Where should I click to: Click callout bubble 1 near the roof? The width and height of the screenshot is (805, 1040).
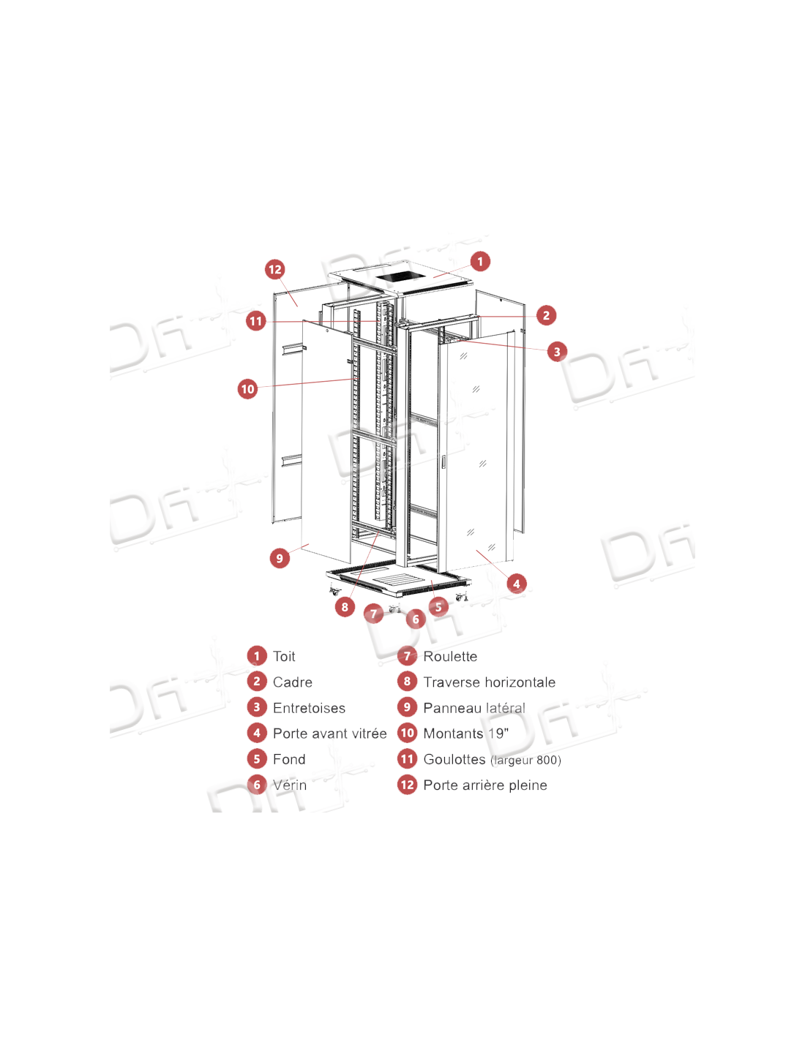[x=480, y=261]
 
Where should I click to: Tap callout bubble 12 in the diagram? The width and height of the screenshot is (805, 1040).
[x=275, y=269]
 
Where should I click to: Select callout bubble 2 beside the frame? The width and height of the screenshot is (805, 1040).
[x=546, y=315]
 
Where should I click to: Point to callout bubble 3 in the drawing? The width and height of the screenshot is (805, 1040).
[x=556, y=352]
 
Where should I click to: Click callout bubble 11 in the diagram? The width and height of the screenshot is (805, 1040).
[x=256, y=320]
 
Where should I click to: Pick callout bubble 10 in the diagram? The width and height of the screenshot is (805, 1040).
[x=247, y=388]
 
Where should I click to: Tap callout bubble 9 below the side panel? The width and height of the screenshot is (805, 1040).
[x=280, y=558]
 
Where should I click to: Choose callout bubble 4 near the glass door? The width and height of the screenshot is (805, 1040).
[x=516, y=584]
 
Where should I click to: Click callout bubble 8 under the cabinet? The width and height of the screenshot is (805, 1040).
[x=345, y=607]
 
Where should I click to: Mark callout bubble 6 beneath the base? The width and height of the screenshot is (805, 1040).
[x=416, y=619]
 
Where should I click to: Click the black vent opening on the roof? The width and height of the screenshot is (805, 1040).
[x=397, y=276]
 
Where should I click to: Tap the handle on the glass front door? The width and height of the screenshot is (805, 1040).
[x=443, y=461]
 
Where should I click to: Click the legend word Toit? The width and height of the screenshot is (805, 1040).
[x=284, y=656]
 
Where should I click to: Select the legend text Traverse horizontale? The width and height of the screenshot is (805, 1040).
[x=490, y=682]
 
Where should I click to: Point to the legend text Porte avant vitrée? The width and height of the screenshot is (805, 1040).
[x=329, y=734]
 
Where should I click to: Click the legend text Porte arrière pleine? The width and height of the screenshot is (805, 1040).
[x=485, y=785]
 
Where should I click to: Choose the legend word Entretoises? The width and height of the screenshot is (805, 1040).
[x=309, y=708]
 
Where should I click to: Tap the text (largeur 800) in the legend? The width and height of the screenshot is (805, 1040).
[x=525, y=760]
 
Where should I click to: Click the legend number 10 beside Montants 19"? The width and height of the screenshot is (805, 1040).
[x=407, y=734]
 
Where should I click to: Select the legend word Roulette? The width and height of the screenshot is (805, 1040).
[x=450, y=656]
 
